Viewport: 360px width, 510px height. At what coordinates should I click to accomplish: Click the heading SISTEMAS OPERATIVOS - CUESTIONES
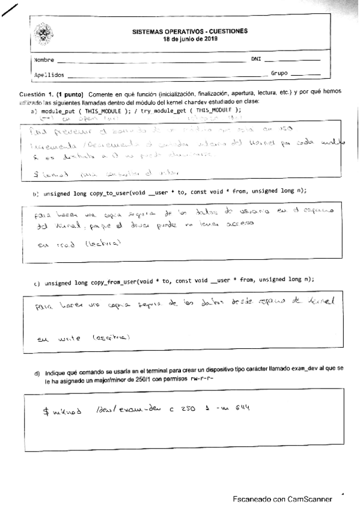click(189, 31)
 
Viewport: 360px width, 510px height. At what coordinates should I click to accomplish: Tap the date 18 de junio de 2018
click(190, 38)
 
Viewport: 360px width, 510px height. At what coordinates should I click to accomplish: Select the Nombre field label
click(44, 60)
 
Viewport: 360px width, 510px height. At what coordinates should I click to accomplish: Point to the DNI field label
click(256, 60)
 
